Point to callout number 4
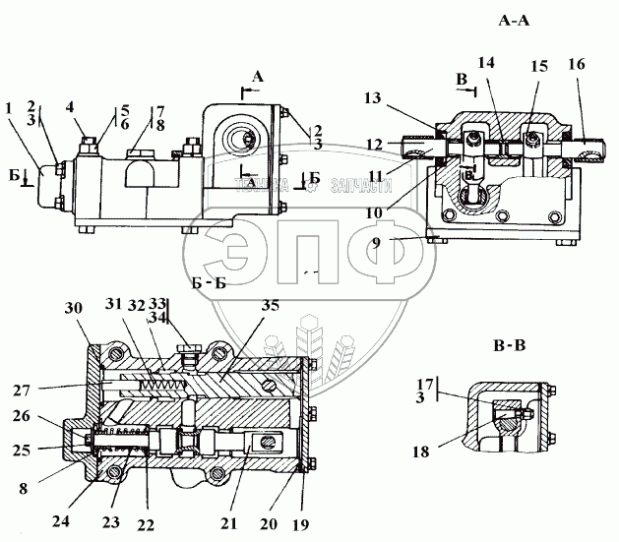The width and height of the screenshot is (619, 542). click(71, 109)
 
